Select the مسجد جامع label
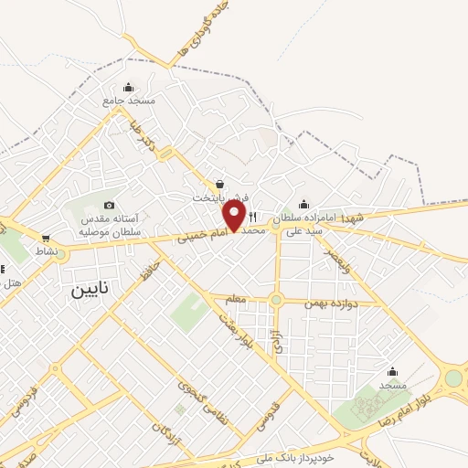pos(129,100)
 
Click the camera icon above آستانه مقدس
pos(110,205)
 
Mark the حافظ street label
pos(149,271)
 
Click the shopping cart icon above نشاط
pos(46,238)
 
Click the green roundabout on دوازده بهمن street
pos(276,300)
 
